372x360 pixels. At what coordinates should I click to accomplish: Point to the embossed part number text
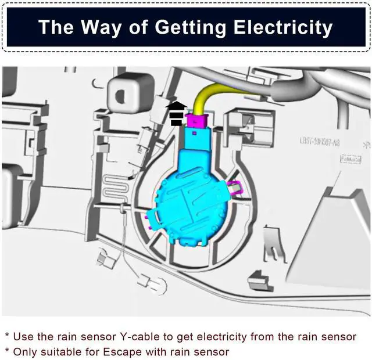pos(320,142)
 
